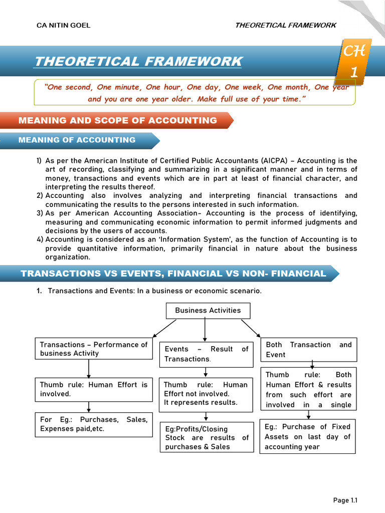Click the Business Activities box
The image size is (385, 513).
[208, 311]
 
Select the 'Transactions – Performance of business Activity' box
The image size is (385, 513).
[94, 349]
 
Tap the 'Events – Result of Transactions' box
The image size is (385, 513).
[206, 354]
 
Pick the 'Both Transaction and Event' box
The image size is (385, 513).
[309, 350]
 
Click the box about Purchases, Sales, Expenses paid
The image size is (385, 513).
[94, 424]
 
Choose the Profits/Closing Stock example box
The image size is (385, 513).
[206, 438]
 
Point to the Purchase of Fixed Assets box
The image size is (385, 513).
[307, 436]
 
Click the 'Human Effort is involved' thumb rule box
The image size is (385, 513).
[94, 389]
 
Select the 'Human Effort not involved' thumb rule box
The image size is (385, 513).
[206, 393]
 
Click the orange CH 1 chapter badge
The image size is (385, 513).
[354, 62]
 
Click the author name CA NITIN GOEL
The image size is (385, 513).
[64, 26]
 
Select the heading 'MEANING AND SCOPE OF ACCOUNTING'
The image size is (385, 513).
[118, 120]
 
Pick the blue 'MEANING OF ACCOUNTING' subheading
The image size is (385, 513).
[77, 140]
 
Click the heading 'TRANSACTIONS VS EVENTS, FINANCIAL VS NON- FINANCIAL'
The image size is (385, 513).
[173, 274]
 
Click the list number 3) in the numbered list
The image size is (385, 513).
[40, 213]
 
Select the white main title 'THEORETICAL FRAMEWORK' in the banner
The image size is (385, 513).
[138, 62]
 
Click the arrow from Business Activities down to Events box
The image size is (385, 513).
[205, 330]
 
